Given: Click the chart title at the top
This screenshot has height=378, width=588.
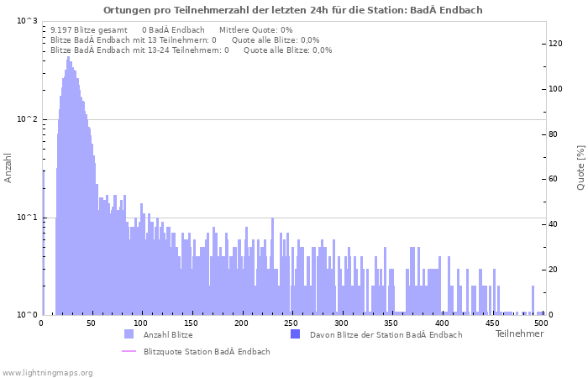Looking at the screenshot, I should [293, 10].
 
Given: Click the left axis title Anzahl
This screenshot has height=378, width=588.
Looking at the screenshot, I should [8, 168].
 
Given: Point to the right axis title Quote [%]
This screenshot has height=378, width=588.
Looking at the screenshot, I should [580, 168].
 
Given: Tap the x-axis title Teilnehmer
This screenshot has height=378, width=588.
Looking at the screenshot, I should [519, 334].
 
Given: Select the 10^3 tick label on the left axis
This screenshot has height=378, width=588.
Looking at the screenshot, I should [27, 21].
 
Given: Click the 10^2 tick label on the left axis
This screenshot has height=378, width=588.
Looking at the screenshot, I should [27, 119].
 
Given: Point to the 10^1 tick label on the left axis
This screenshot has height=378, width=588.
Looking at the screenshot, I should [27, 218].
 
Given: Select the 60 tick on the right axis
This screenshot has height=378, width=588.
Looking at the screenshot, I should [553, 179].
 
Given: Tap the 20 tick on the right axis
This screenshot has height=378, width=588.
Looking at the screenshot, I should [553, 270].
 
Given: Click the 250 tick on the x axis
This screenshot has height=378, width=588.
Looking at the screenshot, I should [291, 323].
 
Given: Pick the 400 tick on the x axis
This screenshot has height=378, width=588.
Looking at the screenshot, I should [441, 323].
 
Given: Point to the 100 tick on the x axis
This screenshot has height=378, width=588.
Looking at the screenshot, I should [141, 323].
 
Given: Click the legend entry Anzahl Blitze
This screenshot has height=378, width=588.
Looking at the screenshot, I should [168, 334].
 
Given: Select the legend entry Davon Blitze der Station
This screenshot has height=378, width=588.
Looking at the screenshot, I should [386, 334].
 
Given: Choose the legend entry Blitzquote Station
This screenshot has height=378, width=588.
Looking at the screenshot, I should [207, 351].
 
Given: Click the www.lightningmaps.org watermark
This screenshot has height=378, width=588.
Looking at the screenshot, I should [47, 372].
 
